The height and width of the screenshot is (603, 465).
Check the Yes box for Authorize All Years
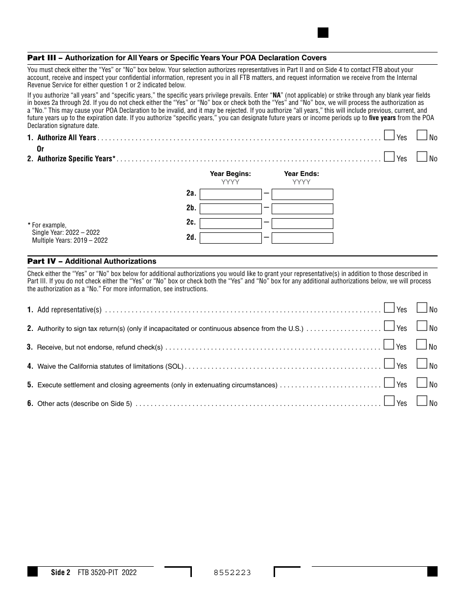point(389,135)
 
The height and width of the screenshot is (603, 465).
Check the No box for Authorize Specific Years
point(421,156)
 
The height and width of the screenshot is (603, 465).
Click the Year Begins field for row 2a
point(231,194)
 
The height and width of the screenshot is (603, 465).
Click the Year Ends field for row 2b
point(302,209)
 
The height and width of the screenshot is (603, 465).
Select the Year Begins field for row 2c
point(231,224)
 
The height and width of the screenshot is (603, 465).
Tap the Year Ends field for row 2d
point(302,238)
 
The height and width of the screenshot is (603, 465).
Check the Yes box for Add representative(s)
point(389,307)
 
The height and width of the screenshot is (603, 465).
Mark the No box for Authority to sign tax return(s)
point(421,326)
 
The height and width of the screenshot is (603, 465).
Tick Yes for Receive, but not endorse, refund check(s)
point(389,345)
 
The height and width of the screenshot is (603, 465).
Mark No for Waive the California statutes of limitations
point(421,364)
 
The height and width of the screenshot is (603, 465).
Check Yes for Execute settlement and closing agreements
point(389,382)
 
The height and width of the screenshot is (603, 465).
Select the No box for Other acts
point(421,401)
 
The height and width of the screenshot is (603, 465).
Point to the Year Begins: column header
point(230,174)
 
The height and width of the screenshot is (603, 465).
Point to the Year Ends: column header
point(302,174)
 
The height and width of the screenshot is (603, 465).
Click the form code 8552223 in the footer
point(232,573)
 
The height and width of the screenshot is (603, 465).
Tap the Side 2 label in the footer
point(61,572)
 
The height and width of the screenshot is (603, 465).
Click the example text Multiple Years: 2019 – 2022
point(70,240)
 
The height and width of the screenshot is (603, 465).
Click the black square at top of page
point(323,33)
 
